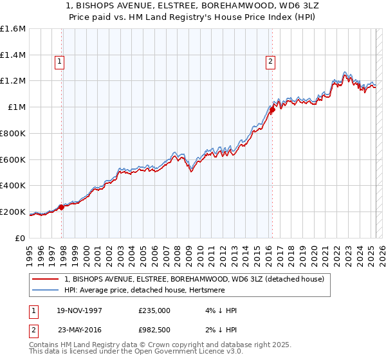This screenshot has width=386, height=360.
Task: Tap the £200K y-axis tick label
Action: point(13,212)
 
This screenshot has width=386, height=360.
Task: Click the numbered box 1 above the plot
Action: point(59,62)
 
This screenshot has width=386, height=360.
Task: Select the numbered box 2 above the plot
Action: point(270,62)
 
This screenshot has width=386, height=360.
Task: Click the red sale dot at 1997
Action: point(62,207)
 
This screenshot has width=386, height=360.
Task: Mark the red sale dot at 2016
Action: point(272,109)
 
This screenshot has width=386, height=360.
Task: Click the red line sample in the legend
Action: point(45,279)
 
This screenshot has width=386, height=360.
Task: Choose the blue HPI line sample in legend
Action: point(45,290)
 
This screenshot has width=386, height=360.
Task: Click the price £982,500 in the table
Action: point(154,328)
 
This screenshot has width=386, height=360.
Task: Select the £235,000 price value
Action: point(154,310)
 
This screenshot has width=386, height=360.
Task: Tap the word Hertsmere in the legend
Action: point(219,290)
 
